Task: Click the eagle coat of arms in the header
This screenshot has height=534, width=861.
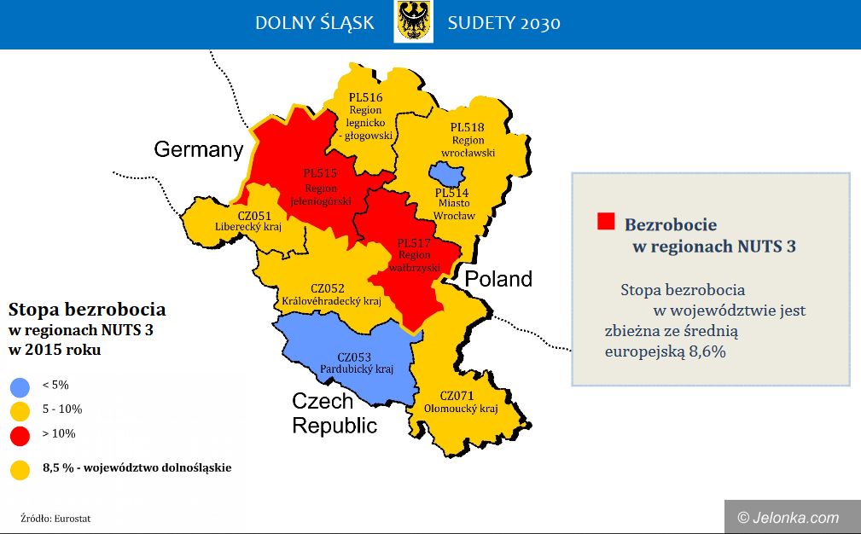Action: point(413,21)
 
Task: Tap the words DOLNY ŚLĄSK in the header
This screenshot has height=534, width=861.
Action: point(315,22)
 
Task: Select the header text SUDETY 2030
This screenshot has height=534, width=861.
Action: point(503,23)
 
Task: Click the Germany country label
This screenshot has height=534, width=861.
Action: point(198,149)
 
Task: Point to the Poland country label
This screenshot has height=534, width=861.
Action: point(498,279)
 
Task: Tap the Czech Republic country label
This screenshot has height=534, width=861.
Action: point(335,413)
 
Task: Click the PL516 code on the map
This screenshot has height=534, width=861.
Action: point(366,98)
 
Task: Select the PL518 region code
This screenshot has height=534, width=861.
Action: point(468,127)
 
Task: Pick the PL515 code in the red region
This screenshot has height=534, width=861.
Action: point(320,173)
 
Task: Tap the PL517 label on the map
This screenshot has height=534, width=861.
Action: point(414,243)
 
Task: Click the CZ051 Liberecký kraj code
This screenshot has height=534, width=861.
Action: point(254,216)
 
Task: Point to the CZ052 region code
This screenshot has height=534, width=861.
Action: point(328,288)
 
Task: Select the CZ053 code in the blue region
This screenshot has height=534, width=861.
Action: point(354,357)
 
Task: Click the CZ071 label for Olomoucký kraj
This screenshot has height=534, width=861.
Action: point(457,396)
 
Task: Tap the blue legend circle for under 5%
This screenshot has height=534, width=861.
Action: point(20,387)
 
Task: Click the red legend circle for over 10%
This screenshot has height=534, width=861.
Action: point(20,436)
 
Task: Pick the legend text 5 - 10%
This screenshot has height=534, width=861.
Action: point(62,409)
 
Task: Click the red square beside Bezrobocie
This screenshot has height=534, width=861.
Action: point(606,221)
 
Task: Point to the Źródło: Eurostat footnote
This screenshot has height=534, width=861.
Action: point(55,518)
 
